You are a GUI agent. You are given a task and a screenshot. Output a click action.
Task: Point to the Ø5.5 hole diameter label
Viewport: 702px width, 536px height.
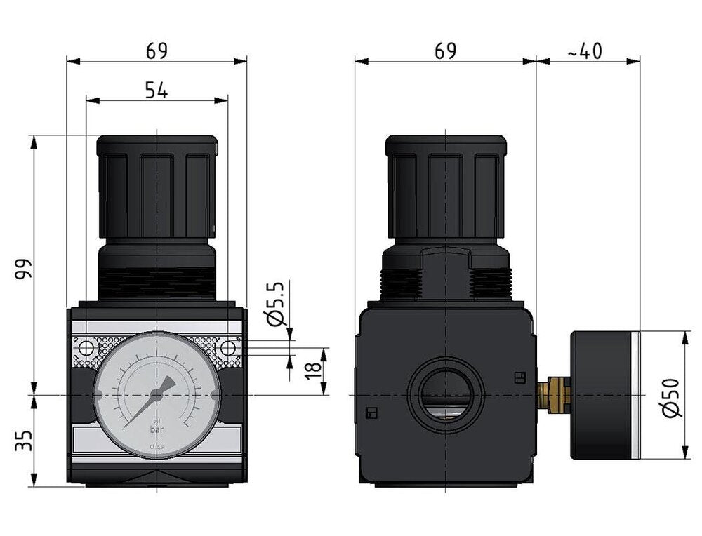[277, 303]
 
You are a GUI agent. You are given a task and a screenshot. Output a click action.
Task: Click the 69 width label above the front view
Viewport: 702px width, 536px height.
[157, 51]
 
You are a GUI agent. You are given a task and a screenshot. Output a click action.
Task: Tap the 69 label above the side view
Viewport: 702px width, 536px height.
[445, 51]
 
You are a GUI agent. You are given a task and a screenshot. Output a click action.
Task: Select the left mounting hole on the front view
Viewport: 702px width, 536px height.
[86, 348]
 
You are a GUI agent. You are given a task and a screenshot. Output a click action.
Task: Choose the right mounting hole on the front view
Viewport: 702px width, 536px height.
[227, 348]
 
